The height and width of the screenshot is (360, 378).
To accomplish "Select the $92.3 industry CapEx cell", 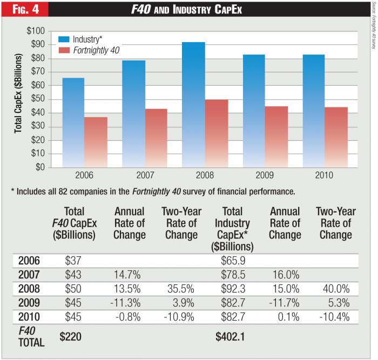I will click(x=234, y=289).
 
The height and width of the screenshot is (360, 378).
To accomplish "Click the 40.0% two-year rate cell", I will click(x=336, y=289).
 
